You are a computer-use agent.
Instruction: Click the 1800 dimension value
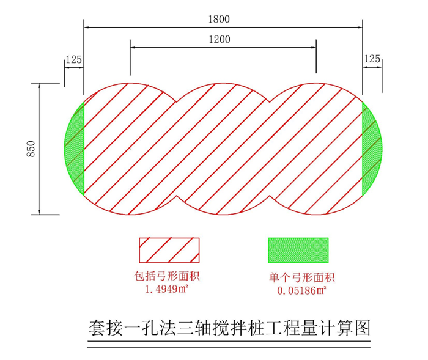tap(218, 19)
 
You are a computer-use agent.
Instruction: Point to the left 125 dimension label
tap(73, 59)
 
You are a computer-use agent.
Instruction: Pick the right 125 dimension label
tap(372, 59)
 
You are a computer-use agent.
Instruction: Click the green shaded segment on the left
tap(75, 149)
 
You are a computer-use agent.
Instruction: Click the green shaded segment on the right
tap(371, 149)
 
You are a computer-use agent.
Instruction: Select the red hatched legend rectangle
tap(166, 250)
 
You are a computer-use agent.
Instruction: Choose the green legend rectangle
tap(298, 250)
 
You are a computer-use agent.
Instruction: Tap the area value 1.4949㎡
tap(166, 289)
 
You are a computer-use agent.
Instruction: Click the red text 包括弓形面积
tap(166, 276)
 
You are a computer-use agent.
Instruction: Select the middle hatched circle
tap(223, 149)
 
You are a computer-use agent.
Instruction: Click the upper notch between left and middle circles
tap(177, 100)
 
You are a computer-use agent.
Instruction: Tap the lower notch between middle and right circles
tap(270, 197)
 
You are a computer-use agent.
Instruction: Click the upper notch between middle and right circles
tap(270, 100)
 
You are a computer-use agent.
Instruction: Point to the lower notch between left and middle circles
tap(177, 197)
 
